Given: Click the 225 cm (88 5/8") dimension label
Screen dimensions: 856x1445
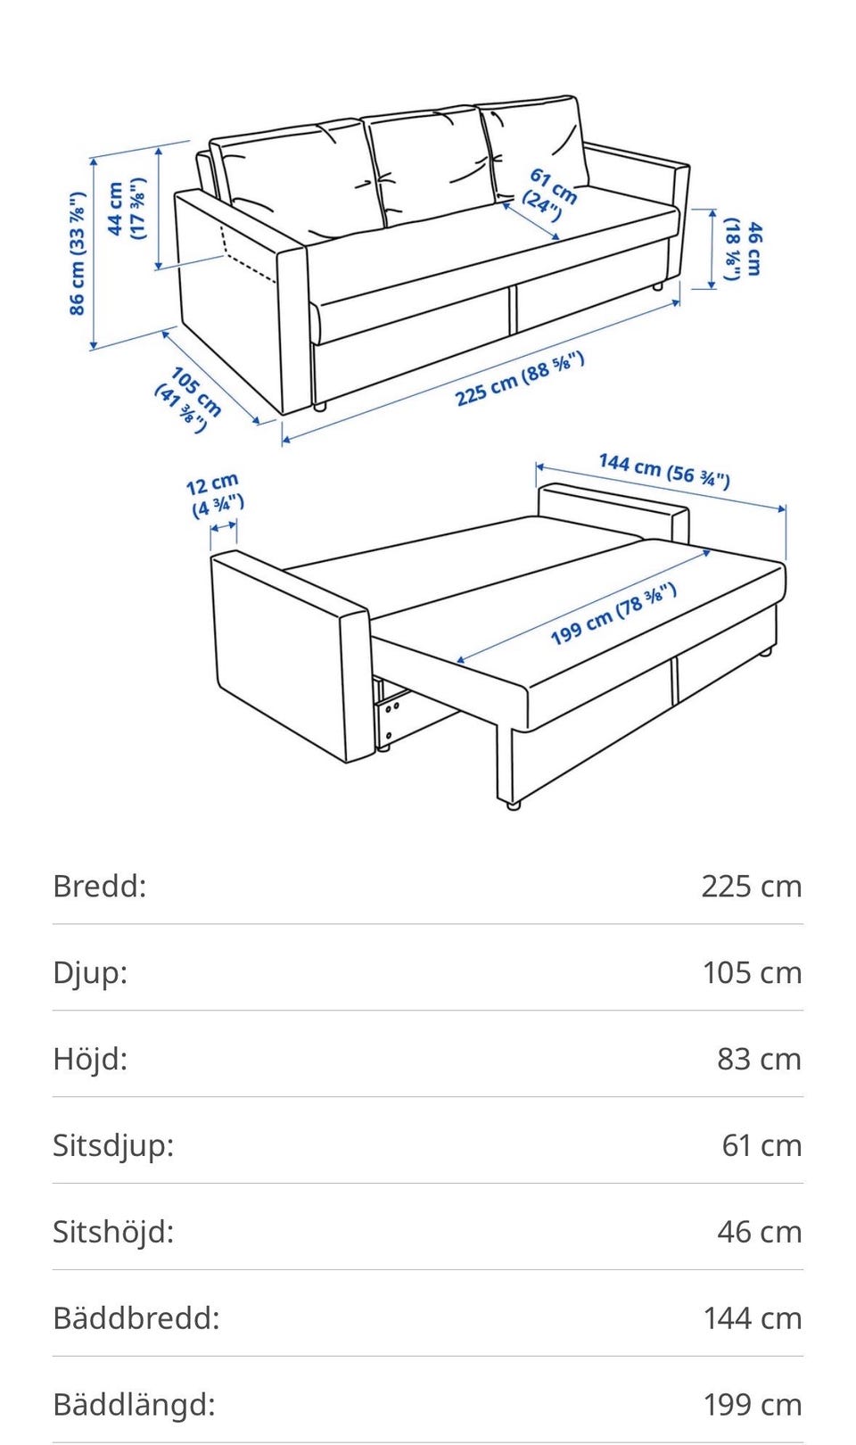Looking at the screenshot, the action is [x=520, y=379].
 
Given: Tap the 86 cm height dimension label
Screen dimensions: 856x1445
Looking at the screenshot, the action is [x=77, y=253].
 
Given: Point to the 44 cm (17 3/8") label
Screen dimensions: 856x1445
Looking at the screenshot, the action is [x=126, y=209].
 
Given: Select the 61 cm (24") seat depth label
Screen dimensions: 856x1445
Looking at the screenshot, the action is [x=549, y=194].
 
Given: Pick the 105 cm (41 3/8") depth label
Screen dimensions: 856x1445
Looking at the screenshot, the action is [x=188, y=400].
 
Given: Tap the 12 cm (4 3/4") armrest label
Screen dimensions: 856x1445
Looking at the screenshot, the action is [x=215, y=494].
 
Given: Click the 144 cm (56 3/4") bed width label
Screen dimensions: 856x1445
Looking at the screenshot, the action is [x=664, y=471].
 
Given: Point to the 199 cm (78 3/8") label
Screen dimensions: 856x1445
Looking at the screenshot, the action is [x=613, y=614].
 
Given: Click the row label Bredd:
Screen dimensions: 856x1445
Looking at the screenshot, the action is [x=100, y=886].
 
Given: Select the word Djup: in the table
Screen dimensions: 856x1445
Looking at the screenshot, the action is [x=90, y=973].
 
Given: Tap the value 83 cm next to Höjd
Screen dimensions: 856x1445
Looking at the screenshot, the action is [x=759, y=1059].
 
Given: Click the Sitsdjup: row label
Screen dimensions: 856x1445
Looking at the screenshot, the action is [x=113, y=1145].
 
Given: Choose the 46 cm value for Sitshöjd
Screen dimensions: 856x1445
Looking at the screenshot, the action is [x=759, y=1232].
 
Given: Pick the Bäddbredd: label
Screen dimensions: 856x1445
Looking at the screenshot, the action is [x=136, y=1318].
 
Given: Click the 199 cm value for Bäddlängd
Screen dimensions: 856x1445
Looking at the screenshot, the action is [x=753, y=1404].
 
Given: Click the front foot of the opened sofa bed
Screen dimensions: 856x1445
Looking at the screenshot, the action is [x=512, y=805].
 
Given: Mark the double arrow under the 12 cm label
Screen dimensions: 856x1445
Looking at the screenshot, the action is [x=224, y=527].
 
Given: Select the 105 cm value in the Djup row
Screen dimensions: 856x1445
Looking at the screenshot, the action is [x=753, y=972].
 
